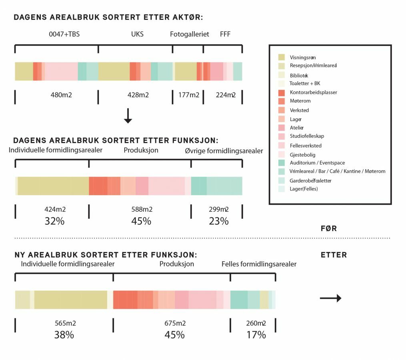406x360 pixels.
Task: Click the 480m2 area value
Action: click(61, 95)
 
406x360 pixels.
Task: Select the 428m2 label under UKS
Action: click(138, 95)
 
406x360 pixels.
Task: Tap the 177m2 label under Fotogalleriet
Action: click(189, 95)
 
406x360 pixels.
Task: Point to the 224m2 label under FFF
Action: click(226, 95)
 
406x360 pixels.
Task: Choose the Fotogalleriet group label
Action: click(189, 34)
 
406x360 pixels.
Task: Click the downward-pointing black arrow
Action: click(128, 116)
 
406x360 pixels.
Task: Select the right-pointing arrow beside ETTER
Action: click(330, 298)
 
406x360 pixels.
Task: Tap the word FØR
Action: click(328, 228)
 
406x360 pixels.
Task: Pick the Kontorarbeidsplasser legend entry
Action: click(313, 92)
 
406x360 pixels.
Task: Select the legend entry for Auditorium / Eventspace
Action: click(317, 163)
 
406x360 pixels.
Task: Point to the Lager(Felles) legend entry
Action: click(304, 189)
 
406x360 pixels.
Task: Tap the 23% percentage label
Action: click(218, 221)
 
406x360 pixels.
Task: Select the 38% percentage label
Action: click(64, 335)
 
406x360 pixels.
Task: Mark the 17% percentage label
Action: click(256, 335)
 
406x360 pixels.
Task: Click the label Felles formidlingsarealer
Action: click(259, 264)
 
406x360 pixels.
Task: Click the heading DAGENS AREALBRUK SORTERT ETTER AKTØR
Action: click(108, 18)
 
